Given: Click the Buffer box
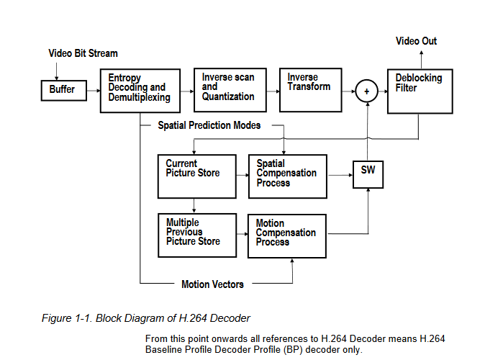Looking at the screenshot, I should (x=62, y=90).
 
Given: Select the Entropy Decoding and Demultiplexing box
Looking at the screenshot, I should (x=140, y=90).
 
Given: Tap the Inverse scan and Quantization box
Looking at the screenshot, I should (x=228, y=90).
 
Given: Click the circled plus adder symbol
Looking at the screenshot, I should (x=367, y=91).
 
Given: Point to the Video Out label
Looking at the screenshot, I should (x=416, y=41).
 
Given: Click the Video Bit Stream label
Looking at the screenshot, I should (x=83, y=53).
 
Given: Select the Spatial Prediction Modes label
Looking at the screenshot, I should (x=209, y=125).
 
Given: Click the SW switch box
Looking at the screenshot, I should (x=368, y=174).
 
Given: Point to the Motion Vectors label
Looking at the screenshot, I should (x=212, y=284).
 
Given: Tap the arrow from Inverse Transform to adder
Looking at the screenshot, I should (x=348, y=91).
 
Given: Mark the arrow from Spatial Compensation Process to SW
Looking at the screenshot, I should (x=339, y=175).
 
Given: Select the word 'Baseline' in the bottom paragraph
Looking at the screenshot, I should (x=165, y=350).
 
